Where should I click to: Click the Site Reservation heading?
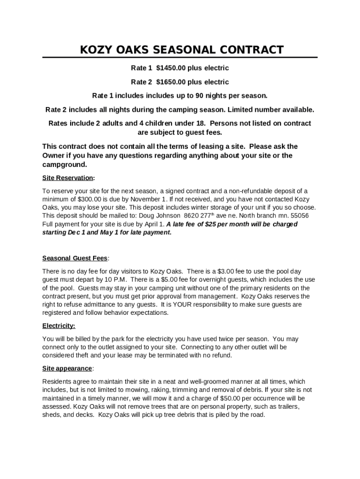68,178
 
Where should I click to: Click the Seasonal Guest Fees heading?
75,258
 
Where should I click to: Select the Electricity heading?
58,326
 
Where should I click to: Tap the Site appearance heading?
67,369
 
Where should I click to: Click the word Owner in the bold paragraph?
54,156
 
